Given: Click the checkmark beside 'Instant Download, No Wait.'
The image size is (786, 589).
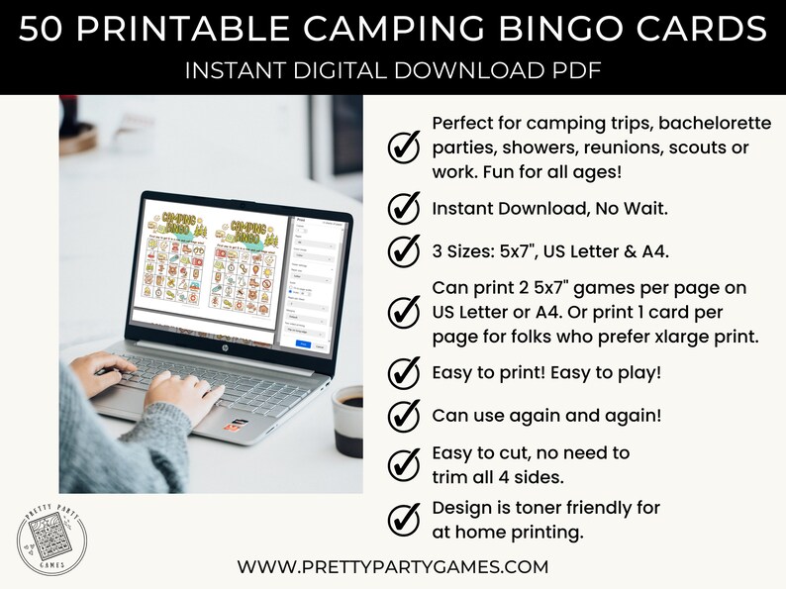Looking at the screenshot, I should tap(402, 209).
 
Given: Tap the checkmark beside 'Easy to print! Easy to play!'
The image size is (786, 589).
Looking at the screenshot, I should tap(402, 373).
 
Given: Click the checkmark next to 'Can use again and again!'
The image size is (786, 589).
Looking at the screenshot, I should tap(402, 415).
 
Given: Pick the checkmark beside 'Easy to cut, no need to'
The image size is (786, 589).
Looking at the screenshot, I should tap(402, 463).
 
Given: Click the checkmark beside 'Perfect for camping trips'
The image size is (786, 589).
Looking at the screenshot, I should tap(402, 147).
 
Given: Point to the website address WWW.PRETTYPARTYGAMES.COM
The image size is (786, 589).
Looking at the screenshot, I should tap(392, 567).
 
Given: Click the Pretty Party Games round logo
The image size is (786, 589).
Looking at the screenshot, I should tap(52, 542).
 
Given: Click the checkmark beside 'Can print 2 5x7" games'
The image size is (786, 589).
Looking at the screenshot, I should tap(402, 312).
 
